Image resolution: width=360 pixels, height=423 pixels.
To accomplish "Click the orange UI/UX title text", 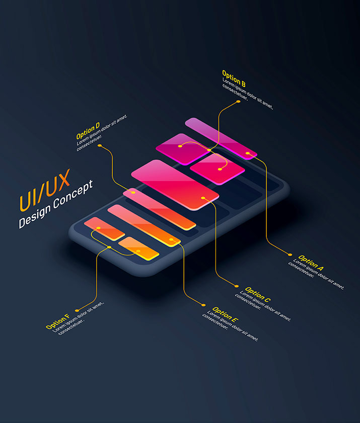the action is coord(45,190).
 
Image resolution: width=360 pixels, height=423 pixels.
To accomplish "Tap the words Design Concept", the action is coord(56,204).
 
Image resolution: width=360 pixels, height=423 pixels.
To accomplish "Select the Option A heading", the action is coord(311,263).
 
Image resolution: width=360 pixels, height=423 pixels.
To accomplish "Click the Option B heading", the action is coord(234,78).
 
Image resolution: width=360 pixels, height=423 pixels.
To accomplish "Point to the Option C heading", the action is coord(258,294).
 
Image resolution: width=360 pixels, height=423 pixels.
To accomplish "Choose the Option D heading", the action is coord(88,131).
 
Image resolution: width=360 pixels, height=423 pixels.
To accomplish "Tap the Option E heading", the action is coord(225,314).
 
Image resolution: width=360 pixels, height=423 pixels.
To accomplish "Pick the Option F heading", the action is coord(57,321).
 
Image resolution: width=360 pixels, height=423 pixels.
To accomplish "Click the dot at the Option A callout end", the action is coord(290,255).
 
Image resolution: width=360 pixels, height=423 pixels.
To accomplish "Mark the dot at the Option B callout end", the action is coord(238,102).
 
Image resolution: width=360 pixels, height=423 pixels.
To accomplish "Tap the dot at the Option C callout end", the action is coord(237,286).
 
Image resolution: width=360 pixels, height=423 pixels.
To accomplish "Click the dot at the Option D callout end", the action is coord(100,145).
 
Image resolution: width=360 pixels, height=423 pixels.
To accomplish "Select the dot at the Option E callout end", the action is coord(203,305).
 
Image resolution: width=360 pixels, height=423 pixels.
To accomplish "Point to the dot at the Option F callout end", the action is coord(77,310).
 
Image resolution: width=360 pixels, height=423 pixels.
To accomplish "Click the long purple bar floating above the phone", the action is coord(221,139).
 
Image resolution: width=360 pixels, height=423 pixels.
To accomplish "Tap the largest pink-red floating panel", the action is coord(175,185).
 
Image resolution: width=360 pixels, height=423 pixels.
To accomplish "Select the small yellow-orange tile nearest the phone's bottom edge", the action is coord(138,248).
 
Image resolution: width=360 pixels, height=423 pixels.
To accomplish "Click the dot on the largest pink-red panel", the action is coord(203,198).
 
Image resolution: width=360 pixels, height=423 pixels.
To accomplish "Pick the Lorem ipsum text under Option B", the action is coord(248,93).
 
